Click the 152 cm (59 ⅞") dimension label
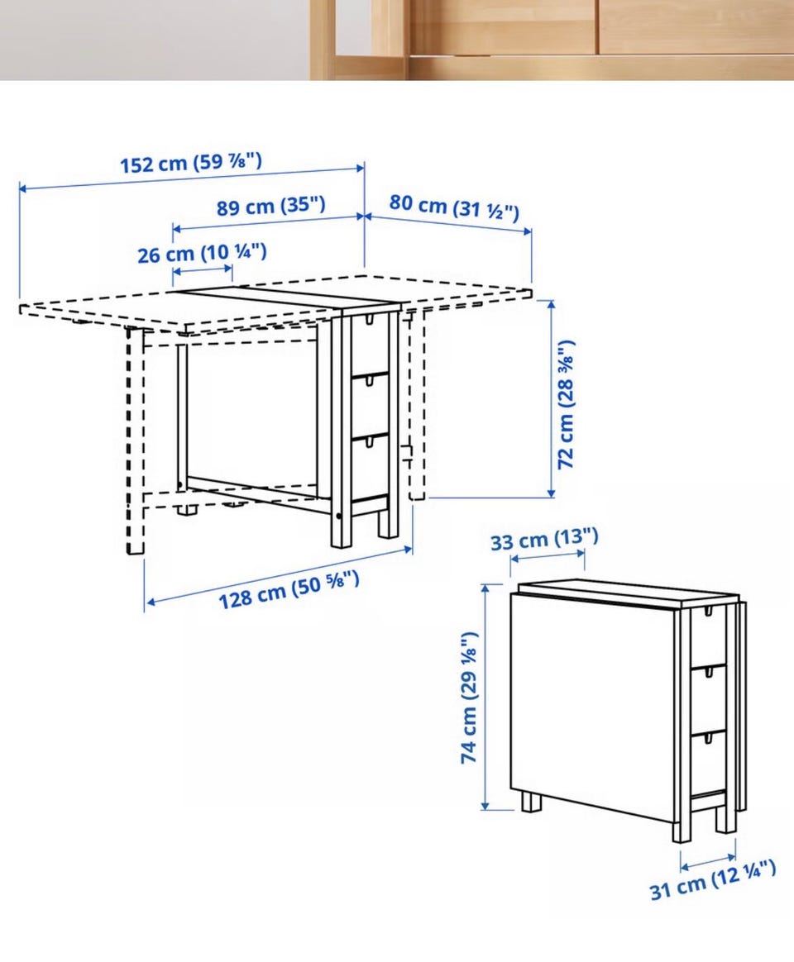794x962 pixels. [191, 163]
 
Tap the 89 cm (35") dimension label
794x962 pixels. [270, 206]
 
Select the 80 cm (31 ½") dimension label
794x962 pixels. [454, 206]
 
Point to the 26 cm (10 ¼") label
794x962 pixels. [202, 253]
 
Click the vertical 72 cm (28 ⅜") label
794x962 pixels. [566, 404]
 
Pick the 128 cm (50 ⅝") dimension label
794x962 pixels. [289, 589]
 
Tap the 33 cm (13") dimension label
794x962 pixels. [544, 539]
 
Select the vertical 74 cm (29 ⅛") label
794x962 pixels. [469, 698]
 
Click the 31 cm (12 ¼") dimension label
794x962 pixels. [713, 880]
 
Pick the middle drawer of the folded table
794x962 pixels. [708, 702]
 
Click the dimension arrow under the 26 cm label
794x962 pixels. [203, 269]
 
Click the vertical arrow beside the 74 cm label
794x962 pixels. [485, 697]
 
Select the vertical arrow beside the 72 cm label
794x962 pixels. [551, 398]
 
